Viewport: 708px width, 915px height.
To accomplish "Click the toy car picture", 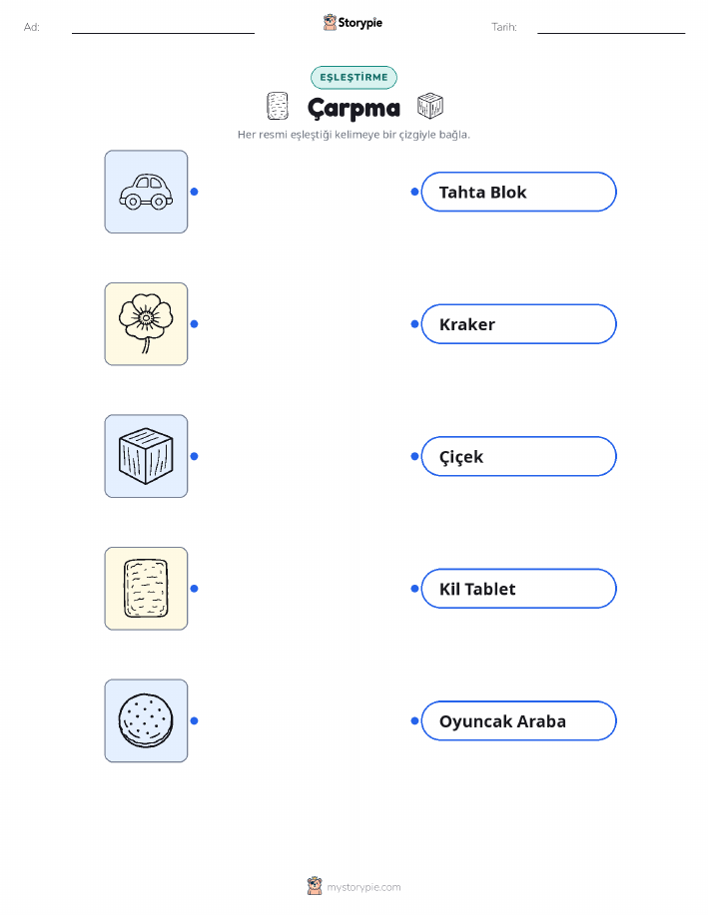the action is [146, 192].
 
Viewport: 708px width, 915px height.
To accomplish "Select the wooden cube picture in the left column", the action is [146, 456].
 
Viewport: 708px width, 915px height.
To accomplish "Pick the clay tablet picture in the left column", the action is [146, 589].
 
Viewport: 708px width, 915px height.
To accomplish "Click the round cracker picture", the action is [146, 720].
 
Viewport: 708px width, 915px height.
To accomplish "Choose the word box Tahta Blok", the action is [518, 192].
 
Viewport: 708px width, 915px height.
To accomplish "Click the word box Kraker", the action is [518, 324].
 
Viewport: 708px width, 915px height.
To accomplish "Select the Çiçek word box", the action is [518, 456].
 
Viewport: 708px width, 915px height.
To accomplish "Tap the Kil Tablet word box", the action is [518, 589].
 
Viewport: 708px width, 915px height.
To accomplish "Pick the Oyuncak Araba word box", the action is [518, 720].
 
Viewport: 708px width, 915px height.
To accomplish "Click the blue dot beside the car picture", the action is [195, 192].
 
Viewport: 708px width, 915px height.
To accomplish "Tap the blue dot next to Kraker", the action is [414, 324].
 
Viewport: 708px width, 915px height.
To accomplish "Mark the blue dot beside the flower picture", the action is [195, 324].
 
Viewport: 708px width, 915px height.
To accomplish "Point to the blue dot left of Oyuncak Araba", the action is [414, 720].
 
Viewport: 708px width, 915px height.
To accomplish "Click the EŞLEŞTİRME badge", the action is [354, 77].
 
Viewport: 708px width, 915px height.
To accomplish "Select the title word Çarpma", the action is [354, 109].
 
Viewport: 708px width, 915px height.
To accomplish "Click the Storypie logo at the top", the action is [353, 23].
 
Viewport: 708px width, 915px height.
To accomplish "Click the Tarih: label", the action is [504, 27].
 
